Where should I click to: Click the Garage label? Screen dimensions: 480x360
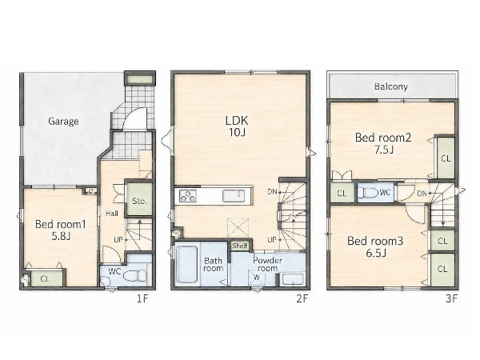[x=63, y=122]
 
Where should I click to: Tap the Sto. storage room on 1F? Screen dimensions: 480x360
[x=139, y=198]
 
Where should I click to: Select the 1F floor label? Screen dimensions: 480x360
[x=142, y=298]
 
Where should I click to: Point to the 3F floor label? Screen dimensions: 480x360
[x=451, y=298]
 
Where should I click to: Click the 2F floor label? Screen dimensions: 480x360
[x=302, y=298]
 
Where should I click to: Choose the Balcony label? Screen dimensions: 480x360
[x=391, y=86]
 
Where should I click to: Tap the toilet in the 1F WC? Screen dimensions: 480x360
[x=134, y=275]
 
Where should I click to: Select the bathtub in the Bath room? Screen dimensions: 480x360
[x=186, y=265]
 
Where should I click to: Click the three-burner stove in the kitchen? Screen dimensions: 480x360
[x=188, y=196]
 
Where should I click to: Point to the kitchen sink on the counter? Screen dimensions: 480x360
[x=234, y=196]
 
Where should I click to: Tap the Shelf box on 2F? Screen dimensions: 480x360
[x=240, y=246]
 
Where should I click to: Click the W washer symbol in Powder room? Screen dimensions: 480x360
[x=257, y=278]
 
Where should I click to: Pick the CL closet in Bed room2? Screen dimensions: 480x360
[x=446, y=158]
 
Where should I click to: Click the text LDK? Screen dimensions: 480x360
[x=237, y=120]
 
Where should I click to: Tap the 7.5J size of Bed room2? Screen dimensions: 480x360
[x=384, y=150]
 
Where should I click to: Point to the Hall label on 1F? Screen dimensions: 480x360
[x=112, y=214]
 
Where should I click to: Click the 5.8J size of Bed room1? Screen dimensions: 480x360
[x=61, y=236]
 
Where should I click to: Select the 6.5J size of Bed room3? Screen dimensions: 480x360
[x=376, y=253]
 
